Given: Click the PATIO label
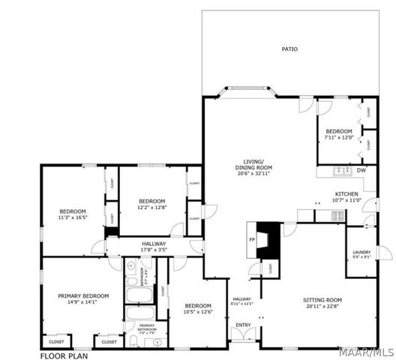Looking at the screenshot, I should coord(289,49).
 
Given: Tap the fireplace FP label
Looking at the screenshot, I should coord(251,240).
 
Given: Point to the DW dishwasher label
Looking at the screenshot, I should coord(361,171).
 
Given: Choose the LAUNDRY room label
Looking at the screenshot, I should coord(361,253).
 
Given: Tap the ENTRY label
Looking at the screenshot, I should coord(244,325).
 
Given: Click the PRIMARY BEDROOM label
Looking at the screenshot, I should coord(83,298).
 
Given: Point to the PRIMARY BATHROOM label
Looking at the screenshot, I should coord(146,327).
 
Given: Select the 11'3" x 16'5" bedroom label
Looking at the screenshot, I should coord(73,214).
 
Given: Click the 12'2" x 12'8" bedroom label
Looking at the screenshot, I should coord(151,204).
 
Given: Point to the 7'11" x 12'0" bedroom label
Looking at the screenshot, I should coord(339,135).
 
